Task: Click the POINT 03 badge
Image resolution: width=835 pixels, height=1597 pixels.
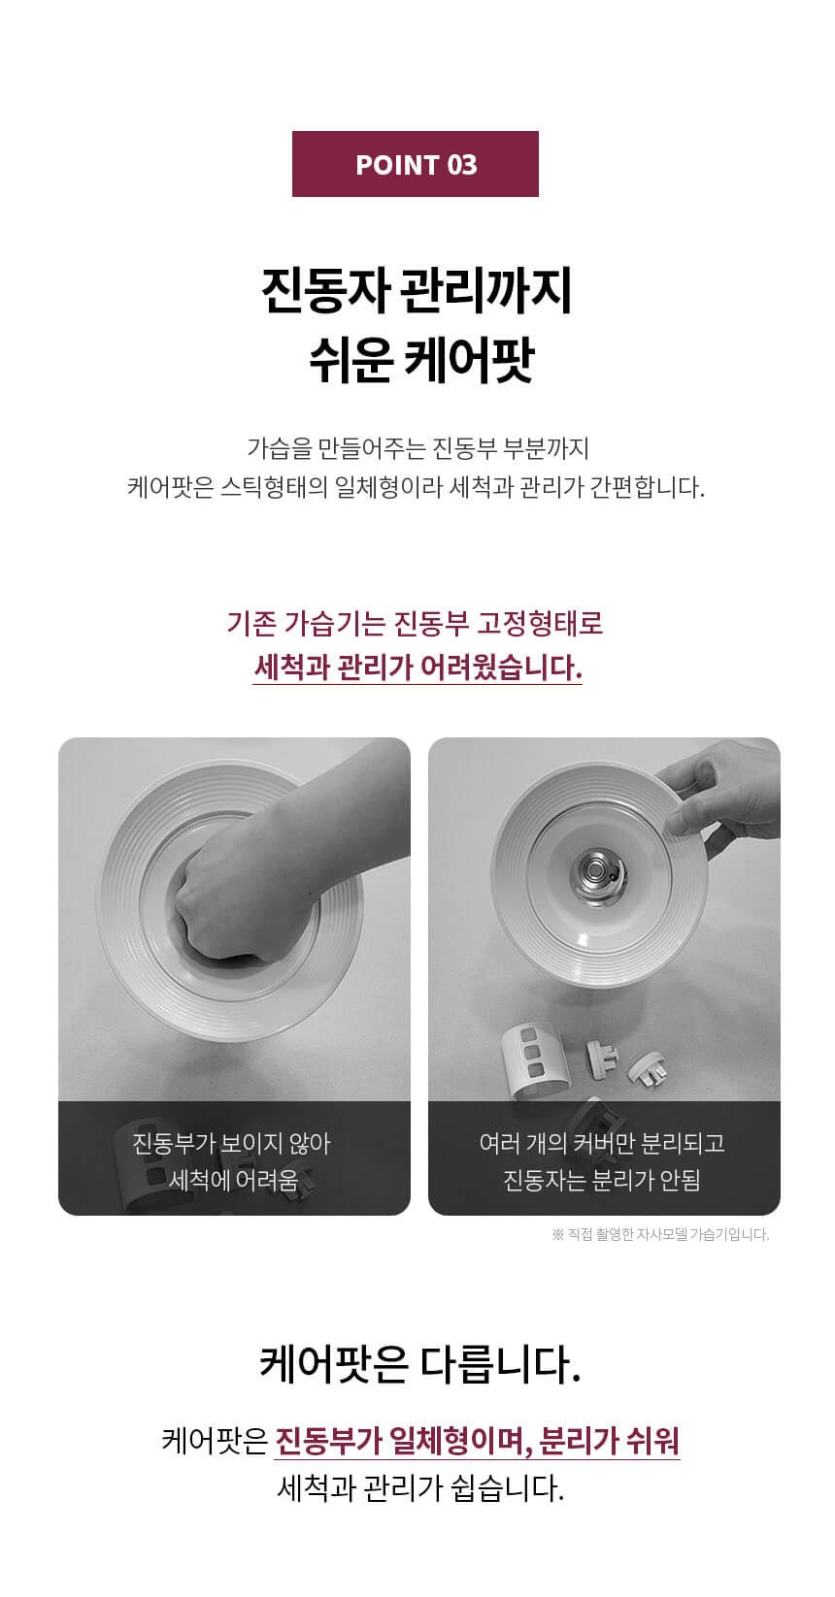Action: pyautogui.click(x=416, y=164)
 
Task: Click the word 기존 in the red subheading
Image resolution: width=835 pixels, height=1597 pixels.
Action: pyautogui.click(x=251, y=623)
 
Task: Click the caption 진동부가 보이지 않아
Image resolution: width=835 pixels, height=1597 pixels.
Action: pyautogui.click(x=232, y=1144)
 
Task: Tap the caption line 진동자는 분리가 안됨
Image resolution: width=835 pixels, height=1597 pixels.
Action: pyautogui.click(x=602, y=1181)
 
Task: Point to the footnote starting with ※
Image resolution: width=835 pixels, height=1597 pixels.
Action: pyautogui.click(x=660, y=1234)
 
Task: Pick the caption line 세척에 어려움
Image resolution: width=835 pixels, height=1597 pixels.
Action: pyautogui.click(x=233, y=1181)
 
